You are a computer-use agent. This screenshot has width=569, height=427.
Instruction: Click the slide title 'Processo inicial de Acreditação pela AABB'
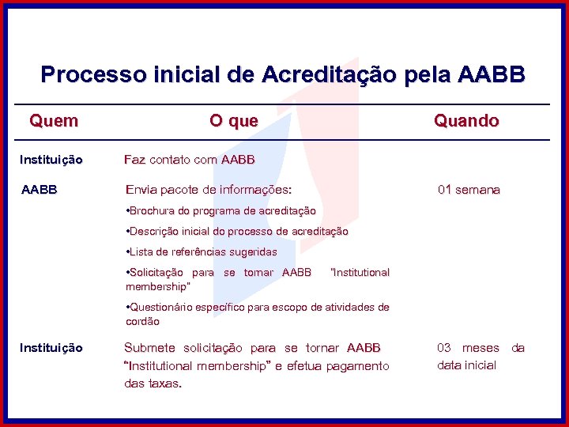click(282, 74)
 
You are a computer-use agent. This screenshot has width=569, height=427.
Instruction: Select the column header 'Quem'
click(54, 121)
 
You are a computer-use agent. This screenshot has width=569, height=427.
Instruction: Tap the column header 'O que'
click(233, 121)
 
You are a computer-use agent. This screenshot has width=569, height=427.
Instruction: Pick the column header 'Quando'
click(465, 121)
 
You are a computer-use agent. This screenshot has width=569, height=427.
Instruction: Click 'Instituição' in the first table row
click(51, 160)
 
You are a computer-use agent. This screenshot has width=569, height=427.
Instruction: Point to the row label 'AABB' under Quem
click(39, 190)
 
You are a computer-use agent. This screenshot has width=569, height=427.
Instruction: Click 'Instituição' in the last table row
click(51, 348)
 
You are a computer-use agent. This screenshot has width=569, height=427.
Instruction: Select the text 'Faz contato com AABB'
click(190, 160)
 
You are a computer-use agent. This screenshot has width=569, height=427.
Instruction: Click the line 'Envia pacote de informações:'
click(209, 190)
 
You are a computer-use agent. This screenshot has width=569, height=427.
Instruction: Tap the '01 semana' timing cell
click(469, 190)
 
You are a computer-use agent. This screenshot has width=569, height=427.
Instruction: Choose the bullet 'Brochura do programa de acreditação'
click(221, 211)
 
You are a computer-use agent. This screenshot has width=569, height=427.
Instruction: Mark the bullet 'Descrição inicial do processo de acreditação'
click(237, 232)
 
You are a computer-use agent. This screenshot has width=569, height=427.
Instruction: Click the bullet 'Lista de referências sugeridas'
click(202, 252)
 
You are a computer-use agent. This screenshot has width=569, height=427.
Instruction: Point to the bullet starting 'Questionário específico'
click(258, 308)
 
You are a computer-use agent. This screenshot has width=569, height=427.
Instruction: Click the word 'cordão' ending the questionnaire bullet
click(143, 322)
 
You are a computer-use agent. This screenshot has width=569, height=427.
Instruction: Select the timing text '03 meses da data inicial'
click(480, 357)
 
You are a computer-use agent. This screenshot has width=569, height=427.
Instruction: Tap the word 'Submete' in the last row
click(151, 348)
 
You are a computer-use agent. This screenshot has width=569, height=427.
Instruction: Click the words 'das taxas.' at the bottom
click(153, 384)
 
